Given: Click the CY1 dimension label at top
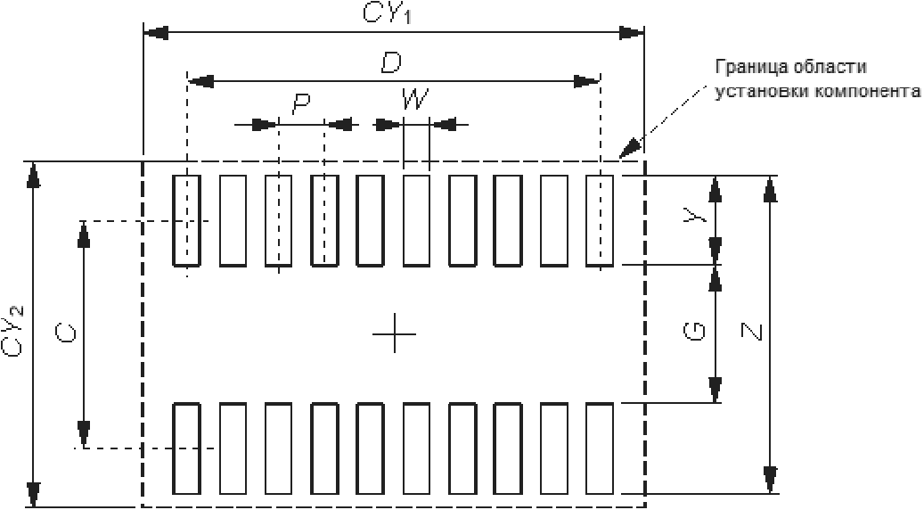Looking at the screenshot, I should click(391, 13).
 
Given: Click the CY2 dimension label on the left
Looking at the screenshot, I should click(15, 330).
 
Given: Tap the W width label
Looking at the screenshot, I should click(413, 100).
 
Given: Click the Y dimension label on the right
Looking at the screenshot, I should click(699, 217).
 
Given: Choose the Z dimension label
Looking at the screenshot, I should click(753, 333).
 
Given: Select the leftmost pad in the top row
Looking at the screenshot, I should click(186, 219).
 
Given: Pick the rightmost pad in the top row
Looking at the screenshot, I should click(600, 219).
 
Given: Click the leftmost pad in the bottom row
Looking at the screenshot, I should click(186, 448).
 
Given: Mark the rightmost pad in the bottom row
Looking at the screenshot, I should click(600, 448).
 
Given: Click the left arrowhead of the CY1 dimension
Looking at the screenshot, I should click(157, 33).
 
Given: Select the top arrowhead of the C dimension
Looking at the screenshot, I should click(83, 233).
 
